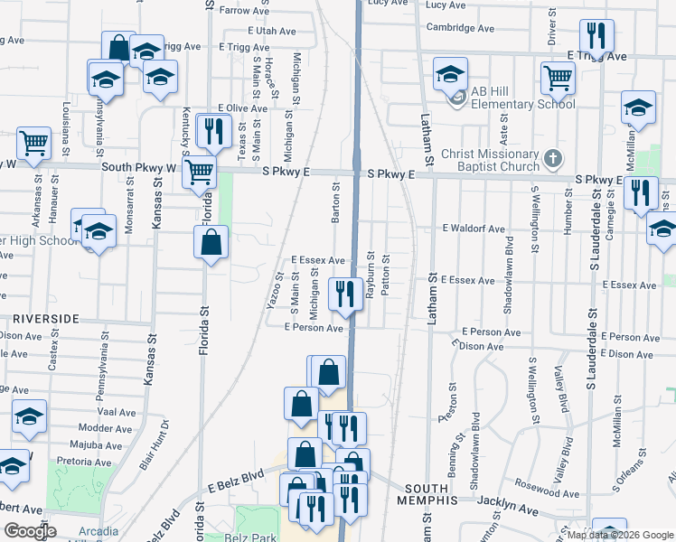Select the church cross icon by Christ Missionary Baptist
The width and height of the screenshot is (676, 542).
click(553, 160)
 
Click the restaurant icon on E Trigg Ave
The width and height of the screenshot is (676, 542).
click(596, 35)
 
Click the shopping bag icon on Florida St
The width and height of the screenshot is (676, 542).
click(211, 242)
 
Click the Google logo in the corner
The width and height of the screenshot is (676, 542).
click(30, 531)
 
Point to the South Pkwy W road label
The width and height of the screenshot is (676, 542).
click(140, 167)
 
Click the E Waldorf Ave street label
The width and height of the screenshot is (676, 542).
click(474, 229)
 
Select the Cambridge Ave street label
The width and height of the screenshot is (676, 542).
click(460, 28)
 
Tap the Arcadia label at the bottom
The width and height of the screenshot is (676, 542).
click(97, 531)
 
